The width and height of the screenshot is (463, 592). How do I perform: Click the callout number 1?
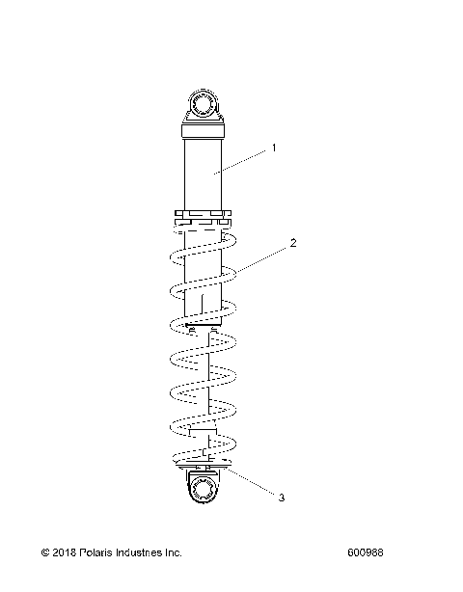coord(274,148)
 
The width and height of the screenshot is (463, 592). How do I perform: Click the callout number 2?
coord(292,244)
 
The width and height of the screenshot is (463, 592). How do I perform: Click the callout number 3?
coord(282,498)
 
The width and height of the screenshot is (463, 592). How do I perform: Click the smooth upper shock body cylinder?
coord(204,174)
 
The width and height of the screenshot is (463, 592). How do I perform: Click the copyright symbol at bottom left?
coord(45,553)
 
